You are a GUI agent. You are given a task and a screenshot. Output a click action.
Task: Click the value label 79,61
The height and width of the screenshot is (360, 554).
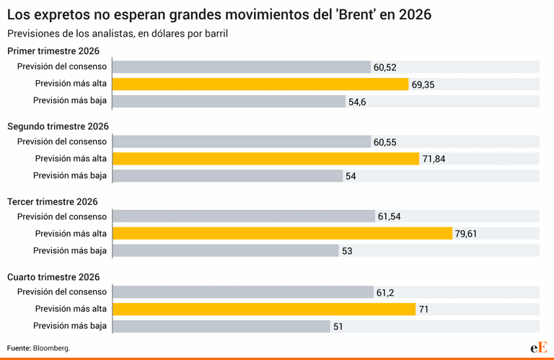point(465,233)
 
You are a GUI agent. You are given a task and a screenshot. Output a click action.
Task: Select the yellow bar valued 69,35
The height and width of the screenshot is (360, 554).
point(260,84)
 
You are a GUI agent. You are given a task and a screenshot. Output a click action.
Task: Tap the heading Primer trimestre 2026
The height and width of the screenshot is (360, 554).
point(53,51)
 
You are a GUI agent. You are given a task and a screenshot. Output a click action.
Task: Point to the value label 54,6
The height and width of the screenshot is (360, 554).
point(358,102)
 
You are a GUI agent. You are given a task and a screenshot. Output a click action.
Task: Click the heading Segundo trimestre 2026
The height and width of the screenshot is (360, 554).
point(58,126)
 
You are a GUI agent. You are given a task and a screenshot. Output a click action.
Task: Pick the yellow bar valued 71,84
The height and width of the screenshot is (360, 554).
point(265,159)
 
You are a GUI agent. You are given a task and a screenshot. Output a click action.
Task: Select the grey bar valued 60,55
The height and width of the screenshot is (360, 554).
point(242,142)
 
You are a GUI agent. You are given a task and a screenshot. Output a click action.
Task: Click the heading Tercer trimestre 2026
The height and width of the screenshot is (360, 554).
point(52,201)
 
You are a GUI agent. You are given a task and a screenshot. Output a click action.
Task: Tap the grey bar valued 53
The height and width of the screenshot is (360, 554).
point(226,250)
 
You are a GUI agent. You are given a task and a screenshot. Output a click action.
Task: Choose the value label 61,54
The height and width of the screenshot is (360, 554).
point(390,216)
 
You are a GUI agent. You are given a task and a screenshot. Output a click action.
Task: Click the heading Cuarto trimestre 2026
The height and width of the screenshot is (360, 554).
point(54,276)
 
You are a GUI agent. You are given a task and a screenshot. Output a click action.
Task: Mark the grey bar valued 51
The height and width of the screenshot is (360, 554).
point(221,326)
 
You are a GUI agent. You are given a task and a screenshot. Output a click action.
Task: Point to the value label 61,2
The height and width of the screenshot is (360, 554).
point(385,292)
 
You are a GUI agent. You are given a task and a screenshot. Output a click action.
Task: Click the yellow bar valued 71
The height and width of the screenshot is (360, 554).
point(264,309)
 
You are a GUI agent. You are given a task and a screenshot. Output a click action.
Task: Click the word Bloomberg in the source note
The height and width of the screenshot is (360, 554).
point(51,348)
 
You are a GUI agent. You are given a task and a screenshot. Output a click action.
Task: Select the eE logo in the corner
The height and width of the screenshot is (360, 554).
point(538,347)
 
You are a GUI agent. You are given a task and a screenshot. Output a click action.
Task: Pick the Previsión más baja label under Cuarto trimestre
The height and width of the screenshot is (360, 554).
point(70,326)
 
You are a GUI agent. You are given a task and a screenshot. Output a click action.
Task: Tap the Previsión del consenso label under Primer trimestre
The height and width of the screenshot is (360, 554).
point(62,67)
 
